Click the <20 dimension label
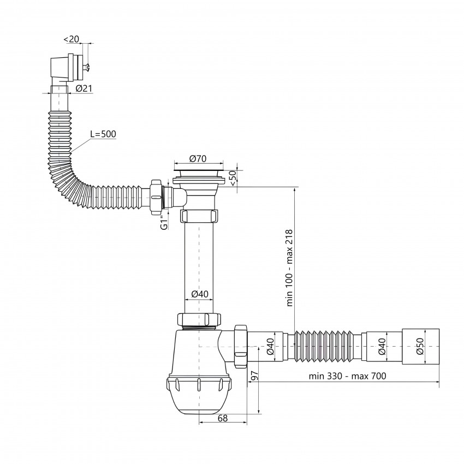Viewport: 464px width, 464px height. pyautogui.click(x=72, y=39)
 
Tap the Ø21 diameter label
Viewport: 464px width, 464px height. pyautogui.click(x=84, y=88)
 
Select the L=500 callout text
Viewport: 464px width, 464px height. pyautogui.click(x=103, y=134)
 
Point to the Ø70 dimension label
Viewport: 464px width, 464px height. pyautogui.click(x=198, y=159)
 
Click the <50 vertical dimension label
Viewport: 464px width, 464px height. pyautogui.click(x=233, y=178)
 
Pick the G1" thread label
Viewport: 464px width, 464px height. pyautogui.click(x=164, y=223)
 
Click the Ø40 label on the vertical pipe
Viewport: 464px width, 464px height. pyautogui.click(x=200, y=294)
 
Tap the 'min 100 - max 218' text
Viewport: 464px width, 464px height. pyautogui.click(x=289, y=268)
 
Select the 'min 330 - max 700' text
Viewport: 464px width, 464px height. pyautogui.click(x=347, y=376)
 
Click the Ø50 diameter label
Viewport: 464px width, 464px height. pyautogui.click(x=420, y=346)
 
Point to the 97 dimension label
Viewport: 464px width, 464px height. pyautogui.click(x=254, y=376)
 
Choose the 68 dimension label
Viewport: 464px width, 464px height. pyautogui.click(x=223, y=418)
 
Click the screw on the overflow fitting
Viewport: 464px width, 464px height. pyautogui.click(x=87, y=68)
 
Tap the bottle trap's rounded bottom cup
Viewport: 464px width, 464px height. pyautogui.click(x=199, y=397)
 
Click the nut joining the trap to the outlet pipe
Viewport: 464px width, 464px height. pyautogui.click(x=240, y=346)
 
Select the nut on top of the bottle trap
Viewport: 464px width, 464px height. pyautogui.click(x=199, y=319)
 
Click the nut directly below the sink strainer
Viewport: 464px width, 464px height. pyautogui.click(x=199, y=216)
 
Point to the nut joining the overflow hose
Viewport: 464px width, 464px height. pyautogui.click(x=157, y=197)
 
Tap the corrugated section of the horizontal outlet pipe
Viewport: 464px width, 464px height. pyautogui.click(x=325, y=346)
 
